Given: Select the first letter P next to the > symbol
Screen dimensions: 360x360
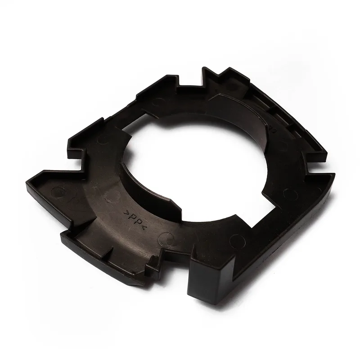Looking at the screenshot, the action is [131, 217].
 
